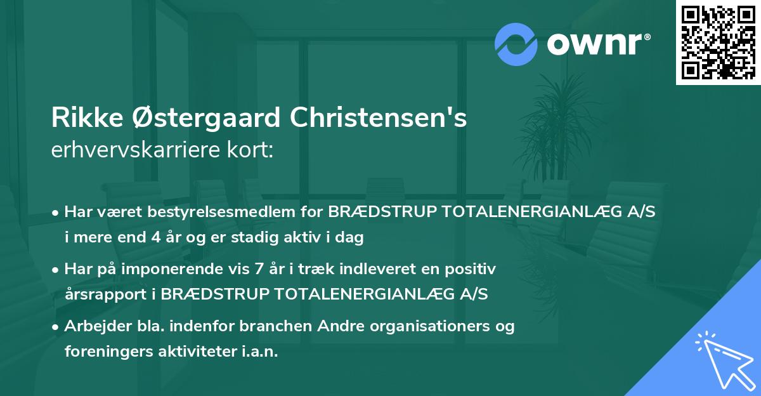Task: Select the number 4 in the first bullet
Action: [x=156, y=238]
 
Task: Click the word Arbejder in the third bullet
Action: [x=92, y=326]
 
